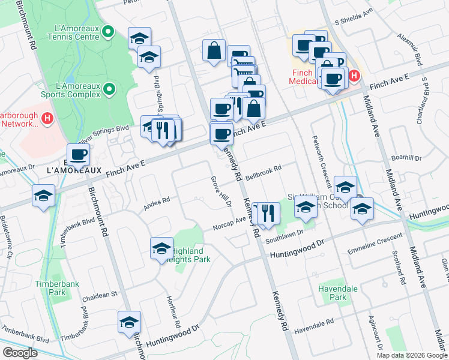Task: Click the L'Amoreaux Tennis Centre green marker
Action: (109, 32)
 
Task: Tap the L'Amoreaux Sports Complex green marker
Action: (109, 90)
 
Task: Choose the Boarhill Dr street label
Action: (406, 158)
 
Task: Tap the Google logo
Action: (20, 353)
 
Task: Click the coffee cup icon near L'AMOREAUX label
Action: (78, 155)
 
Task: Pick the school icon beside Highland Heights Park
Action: (161, 248)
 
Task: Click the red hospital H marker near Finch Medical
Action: (354, 76)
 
